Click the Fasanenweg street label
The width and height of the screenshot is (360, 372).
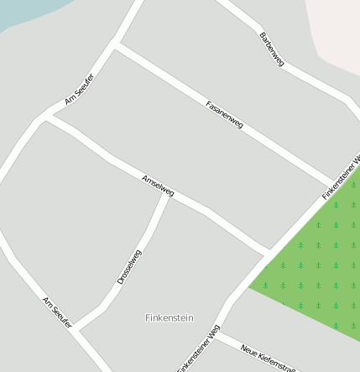224,114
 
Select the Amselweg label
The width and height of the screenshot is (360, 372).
158,186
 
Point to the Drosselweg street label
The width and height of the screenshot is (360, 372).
130,267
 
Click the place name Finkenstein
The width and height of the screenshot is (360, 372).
170,318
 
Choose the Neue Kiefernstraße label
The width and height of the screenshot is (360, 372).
269,358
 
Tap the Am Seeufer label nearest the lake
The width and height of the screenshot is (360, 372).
80,89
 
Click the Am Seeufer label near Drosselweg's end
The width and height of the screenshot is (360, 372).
58,312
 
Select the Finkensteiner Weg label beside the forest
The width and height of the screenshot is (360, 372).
341,177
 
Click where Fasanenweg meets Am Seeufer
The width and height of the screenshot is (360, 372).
116,45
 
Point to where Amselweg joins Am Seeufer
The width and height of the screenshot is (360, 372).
44,118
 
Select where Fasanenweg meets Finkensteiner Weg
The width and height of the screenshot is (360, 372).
335,183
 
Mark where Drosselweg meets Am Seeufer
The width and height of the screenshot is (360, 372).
76,330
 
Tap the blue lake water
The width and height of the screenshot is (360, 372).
25,10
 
